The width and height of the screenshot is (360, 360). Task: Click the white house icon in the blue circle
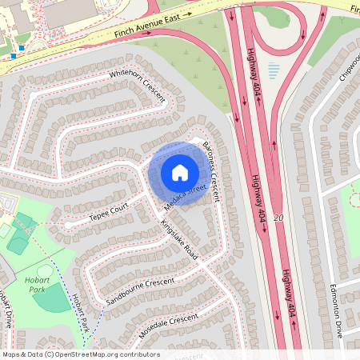180,172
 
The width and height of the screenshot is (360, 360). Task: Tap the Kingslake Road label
179,238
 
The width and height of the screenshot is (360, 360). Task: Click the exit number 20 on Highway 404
278,218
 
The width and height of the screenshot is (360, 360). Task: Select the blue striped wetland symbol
274,70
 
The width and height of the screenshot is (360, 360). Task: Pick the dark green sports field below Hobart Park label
53,299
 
